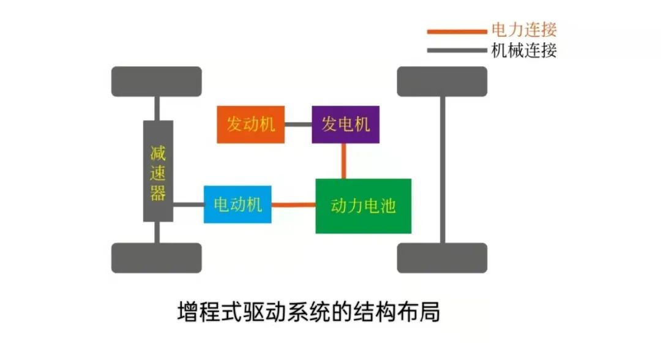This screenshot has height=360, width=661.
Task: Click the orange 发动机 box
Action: tap(251, 124)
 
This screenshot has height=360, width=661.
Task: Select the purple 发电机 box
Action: tap(345, 124)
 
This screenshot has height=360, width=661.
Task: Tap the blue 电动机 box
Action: tap(237, 204)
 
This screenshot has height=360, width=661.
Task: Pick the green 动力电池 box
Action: tap(363, 206)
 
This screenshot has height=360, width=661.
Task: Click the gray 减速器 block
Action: tap(158, 171)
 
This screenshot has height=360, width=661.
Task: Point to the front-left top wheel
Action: tap(157, 81)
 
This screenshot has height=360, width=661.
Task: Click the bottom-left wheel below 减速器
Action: tap(157, 258)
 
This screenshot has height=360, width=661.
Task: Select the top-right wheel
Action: tap(442, 81)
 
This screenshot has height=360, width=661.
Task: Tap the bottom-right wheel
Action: tap(442, 258)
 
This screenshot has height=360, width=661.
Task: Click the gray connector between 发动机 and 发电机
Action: tap(298, 124)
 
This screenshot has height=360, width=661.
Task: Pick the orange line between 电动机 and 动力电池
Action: tap(294, 205)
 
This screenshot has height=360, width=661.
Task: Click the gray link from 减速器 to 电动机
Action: tap(189, 204)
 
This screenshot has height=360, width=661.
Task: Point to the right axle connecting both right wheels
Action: tap(442, 170)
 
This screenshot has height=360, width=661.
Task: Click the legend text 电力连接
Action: tap(524, 29)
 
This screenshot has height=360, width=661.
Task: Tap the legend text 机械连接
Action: tap(524, 50)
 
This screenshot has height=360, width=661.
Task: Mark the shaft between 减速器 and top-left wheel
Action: tap(157, 108)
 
